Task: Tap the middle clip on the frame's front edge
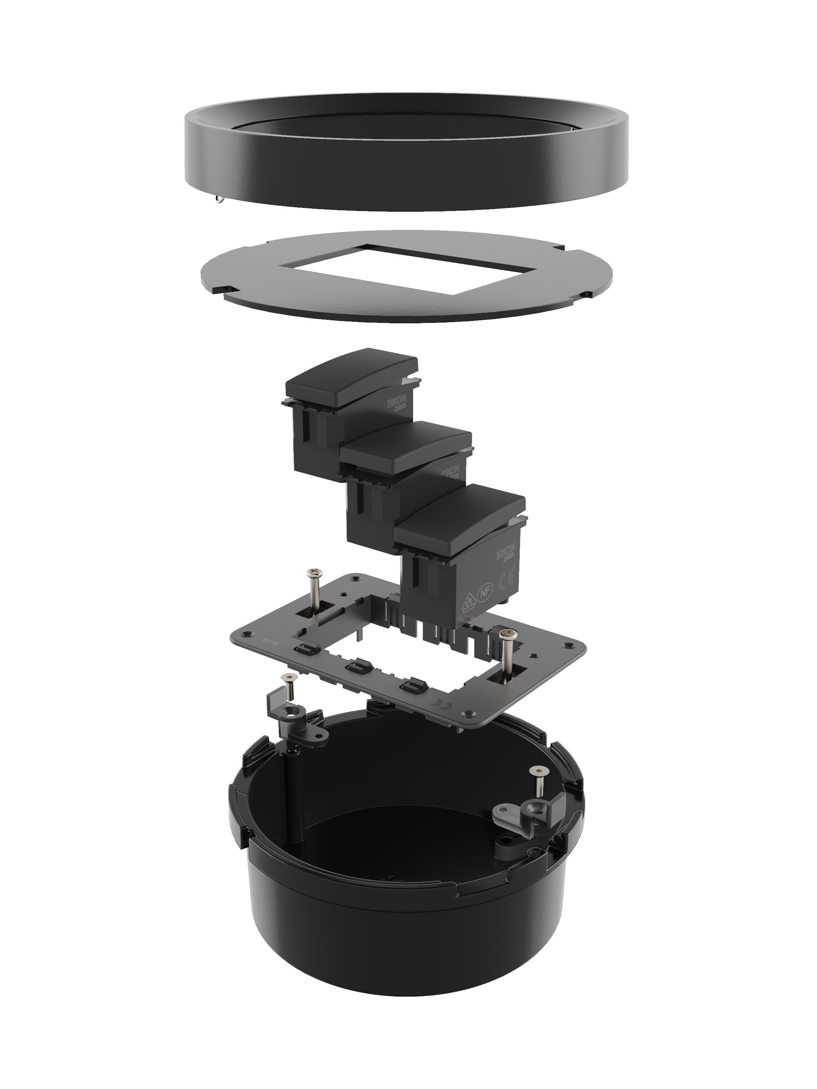click(x=357, y=667)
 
